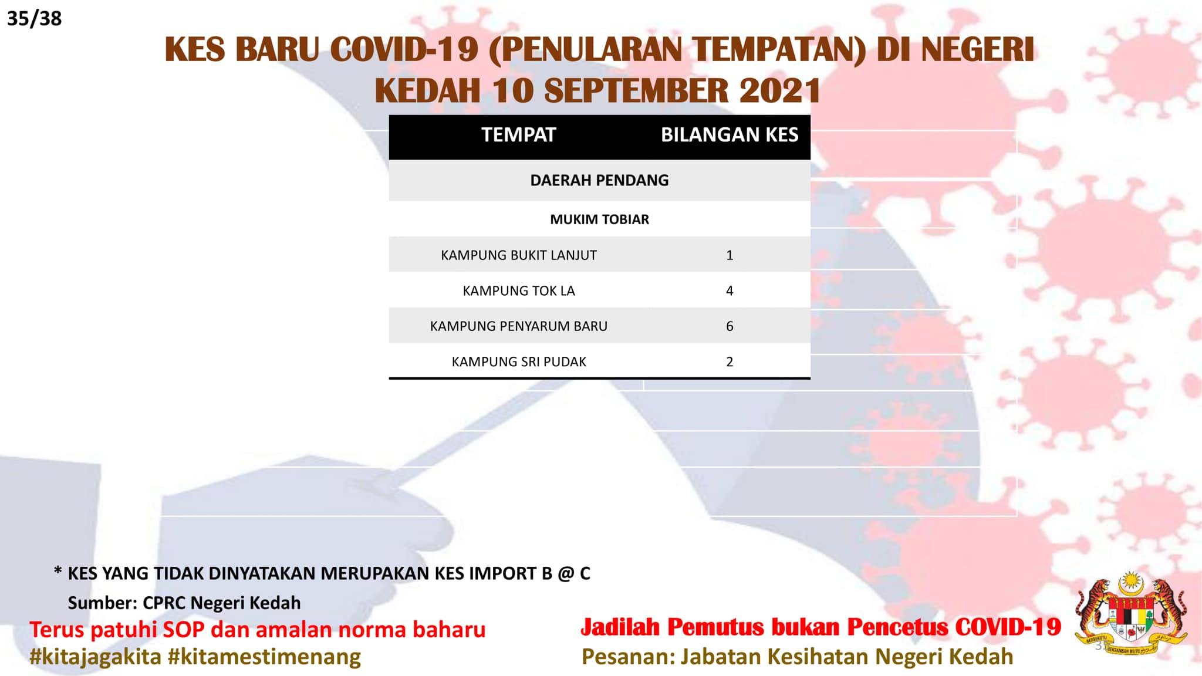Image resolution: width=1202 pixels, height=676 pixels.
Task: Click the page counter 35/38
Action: point(34,19)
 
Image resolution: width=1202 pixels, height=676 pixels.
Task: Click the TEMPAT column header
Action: point(518,135)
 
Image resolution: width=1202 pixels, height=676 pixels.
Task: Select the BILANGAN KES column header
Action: point(730,135)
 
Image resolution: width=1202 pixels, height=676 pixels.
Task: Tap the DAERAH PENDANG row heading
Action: point(599,180)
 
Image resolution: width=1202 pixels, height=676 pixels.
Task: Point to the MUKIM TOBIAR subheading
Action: point(599,219)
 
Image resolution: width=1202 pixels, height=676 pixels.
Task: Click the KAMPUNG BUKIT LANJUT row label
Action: point(519,255)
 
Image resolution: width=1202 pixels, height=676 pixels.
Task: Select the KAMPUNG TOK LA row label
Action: point(519,291)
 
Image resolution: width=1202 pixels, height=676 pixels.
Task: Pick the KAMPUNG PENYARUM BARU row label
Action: point(519,326)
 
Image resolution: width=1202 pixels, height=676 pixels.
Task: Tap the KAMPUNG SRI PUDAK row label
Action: point(519,362)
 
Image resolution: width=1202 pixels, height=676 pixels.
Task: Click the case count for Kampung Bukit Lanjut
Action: point(730,255)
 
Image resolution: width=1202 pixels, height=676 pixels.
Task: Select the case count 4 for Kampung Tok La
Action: point(730,291)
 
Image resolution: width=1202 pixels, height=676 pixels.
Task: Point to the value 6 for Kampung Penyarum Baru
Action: point(730,326)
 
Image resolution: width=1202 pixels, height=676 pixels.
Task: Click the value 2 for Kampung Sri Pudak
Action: point(730,362)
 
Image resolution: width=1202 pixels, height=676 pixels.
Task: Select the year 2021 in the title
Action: point(780,91)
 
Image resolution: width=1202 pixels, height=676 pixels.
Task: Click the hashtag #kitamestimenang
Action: point(264,657)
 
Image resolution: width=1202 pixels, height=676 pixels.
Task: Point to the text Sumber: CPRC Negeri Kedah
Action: point(184,603)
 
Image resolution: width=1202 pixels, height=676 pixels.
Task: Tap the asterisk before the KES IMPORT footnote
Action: point(58,570)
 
